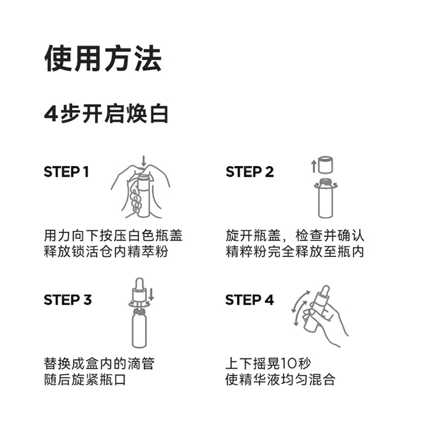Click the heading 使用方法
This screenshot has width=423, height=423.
click(x=103, y=59)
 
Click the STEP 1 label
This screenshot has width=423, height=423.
click(x=66, y=172)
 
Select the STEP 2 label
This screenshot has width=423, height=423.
click(x=250, y=172)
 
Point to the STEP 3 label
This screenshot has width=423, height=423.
click(x=68, y=300)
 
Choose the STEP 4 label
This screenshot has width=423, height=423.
click(x=250, y=300)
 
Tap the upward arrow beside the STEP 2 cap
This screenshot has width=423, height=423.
click(x=314, y=165)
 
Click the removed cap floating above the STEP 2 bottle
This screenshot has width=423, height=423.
click(x=326, y=164)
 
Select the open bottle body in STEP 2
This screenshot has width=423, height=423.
click(x=326, y=202)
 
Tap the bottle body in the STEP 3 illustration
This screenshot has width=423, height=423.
click(x=139, y=330)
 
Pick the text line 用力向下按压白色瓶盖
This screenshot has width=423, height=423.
click(x=113, y=235)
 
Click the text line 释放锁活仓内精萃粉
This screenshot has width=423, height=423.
click(x=106, y=251)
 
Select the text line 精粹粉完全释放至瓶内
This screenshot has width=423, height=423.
click(x=295, y=251)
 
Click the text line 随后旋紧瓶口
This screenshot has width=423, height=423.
click(x=85, y=380)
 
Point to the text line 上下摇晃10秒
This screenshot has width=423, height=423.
click(x=269, y=364)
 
